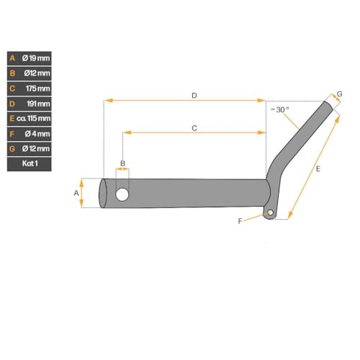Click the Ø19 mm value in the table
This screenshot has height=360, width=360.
pos(35,58)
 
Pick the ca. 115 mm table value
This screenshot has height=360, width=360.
pos(34,118)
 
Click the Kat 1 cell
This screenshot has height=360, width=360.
pos(30,163)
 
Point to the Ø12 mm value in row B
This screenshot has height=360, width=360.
pos(35,73)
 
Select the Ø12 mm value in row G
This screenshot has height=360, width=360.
pos(35,148)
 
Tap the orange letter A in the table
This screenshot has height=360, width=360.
pos(12,58)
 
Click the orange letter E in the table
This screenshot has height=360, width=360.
pos(12,118)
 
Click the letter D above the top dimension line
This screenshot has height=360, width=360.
pos(194,95)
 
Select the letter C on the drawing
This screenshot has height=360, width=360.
pos(194,127)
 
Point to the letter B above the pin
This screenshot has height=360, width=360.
pos(122,163)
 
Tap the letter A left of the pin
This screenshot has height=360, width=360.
pos(77,193)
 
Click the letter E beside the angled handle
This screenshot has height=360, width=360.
pos(318,168)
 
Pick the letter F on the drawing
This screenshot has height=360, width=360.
pos(240,221)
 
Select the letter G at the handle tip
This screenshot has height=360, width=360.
pos(340,95)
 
